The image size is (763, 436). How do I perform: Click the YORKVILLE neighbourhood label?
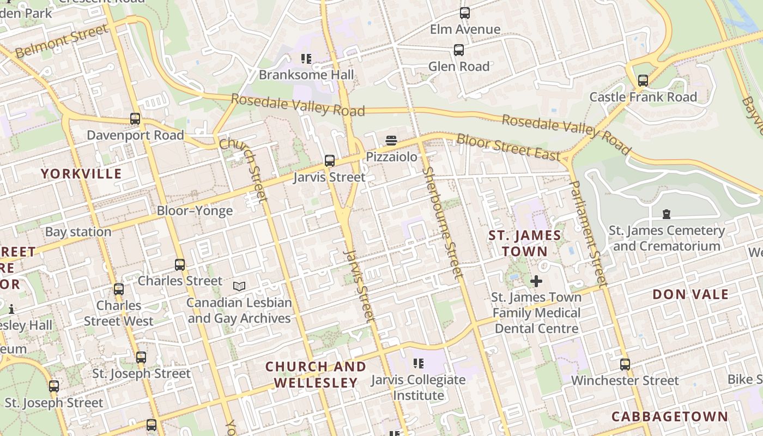pyautogui.click(x=82, y=174)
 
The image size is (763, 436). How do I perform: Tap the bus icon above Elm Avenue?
pyautogui.click(x=464, y=13)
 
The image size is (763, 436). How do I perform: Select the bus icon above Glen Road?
pyautogui.click(x=459, y=50)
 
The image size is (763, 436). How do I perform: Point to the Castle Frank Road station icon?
pyautogui.click(x=643, y=81)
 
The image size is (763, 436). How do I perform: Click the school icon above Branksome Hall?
pyautogui.click(x=306, y=58)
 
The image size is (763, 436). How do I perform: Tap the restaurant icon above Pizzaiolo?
pyautogui.click(x=391, y=141)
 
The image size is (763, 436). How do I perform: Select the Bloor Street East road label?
pyautogui.click(x=508, y=147)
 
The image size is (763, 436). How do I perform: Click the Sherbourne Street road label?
pyautogui.click(x=441, y=224)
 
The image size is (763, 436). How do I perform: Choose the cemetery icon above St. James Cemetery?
pyautogui.click(x=666, y=214)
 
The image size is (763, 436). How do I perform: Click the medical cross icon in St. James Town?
pyautogui.click(x=536, y=281)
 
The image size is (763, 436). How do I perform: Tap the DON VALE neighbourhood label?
pyautogui.click(x=691, y=294)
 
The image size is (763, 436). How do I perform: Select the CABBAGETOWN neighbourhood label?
pyautogui.click(x=669, y=417)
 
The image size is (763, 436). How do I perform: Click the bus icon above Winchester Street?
pyautogui.click(x=625, y=364)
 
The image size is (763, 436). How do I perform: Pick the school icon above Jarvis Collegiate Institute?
pyautogui.click(x=419, y=363)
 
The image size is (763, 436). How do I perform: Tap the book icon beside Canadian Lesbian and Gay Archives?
pyautogui.click(x=239, y=286)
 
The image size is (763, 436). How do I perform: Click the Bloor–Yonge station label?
pyautogui.click(x=195, y=211)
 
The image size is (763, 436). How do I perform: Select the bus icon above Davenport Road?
pyautogui.click(x=135, y=119)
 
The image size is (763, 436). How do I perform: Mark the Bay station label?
pyautogui.click(x=78, y=232)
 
